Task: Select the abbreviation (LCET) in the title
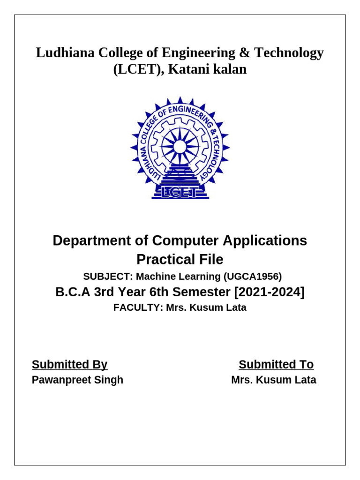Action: point(138,70)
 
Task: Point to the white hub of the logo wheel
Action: point(180,147)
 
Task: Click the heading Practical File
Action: point(180,259)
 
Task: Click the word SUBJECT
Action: point(102,276)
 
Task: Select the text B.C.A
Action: point(73,292)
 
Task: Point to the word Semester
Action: point(204,292)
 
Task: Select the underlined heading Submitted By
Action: point(69,364)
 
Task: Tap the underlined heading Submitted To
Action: point(276,364)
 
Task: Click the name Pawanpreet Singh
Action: point(77,380)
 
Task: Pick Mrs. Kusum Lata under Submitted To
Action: point(274,380)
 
